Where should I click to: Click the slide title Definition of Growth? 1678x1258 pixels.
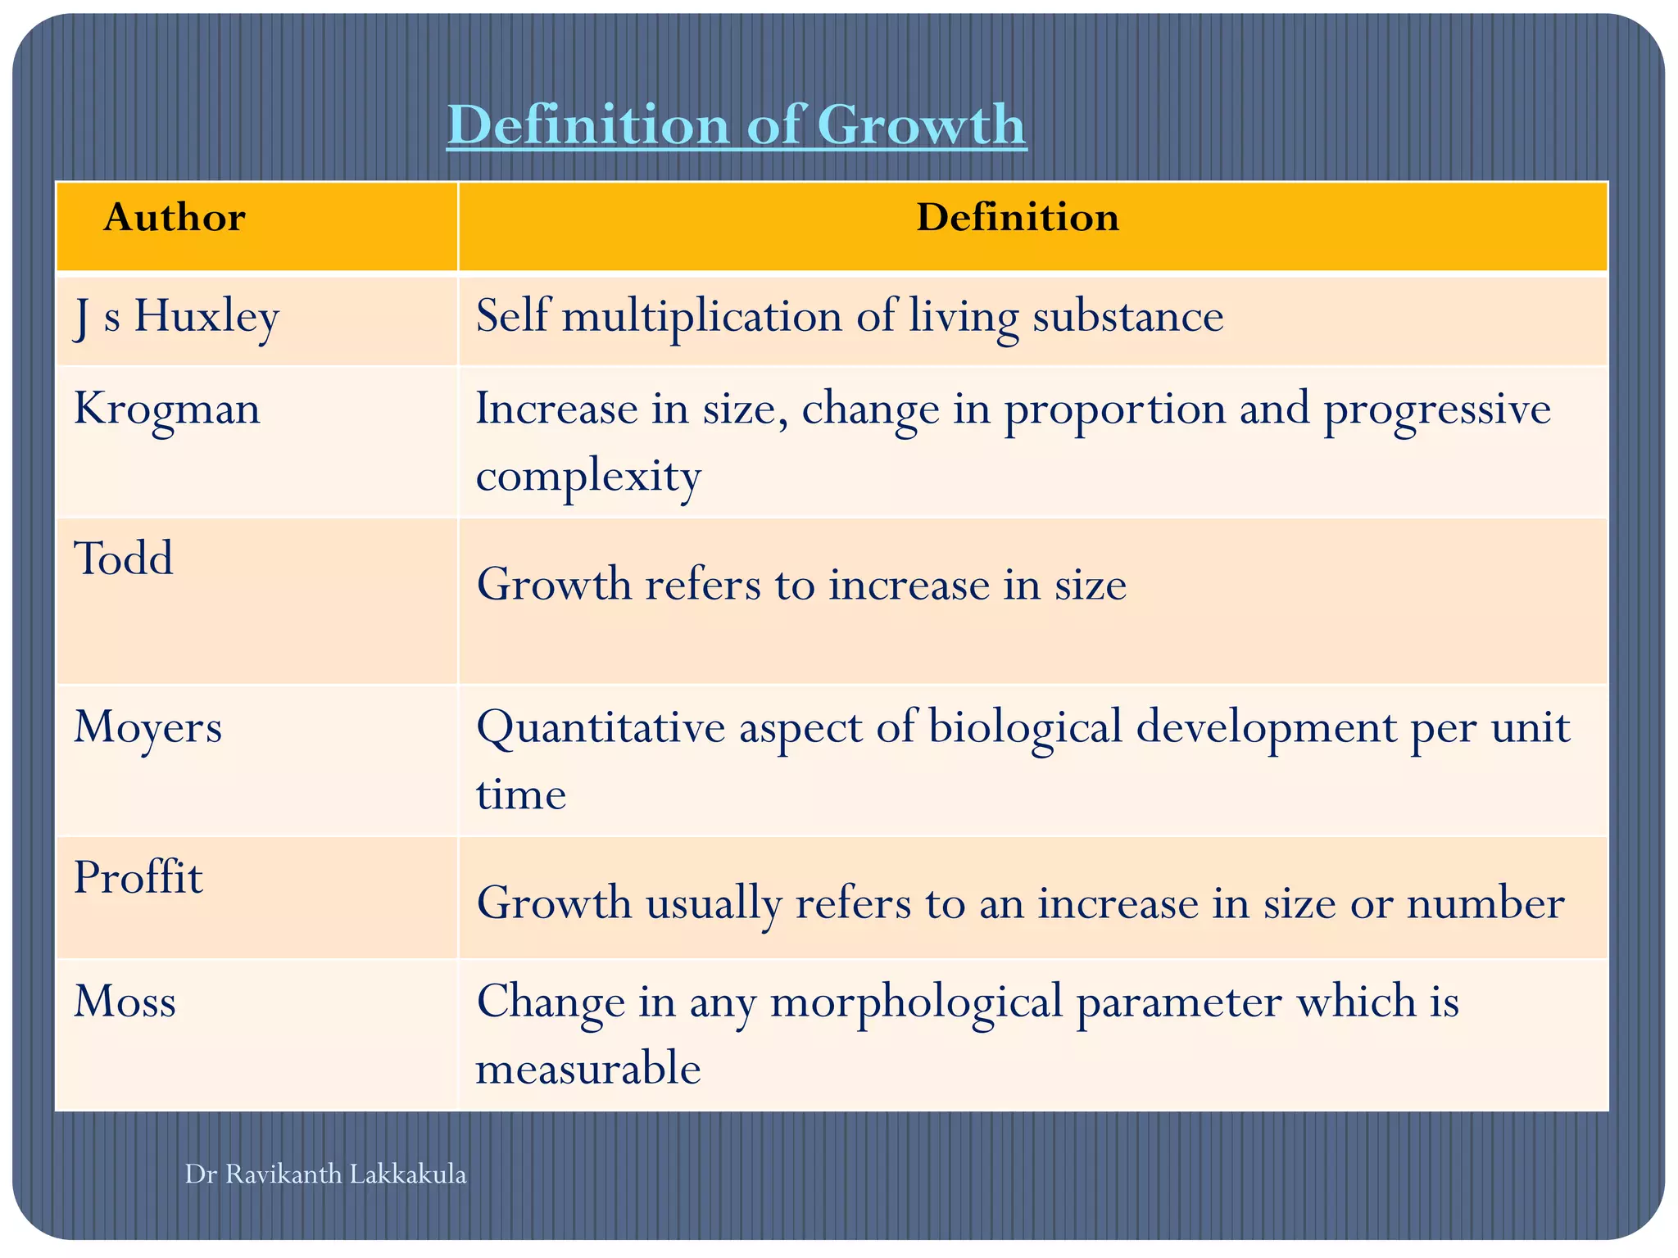click(x=736, y=125)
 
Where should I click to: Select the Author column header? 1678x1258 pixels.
click(x=174, y=218)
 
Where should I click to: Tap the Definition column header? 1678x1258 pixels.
click(x=1017, y=218)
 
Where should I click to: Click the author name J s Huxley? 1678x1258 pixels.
click(x=176, y=317)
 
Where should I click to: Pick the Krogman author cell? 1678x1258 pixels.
click(x=167, y=409)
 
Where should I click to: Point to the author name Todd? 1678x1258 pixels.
click(x=124, y=559)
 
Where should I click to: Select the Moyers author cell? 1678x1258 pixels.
click(x=147, y=726)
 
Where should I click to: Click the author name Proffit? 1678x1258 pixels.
click(x=138, y=878)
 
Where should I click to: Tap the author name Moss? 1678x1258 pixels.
click(x=125, y=1002)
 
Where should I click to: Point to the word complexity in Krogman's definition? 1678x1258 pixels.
click(x=588, y=475)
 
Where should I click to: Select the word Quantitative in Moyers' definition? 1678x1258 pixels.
click(x=601, y=726)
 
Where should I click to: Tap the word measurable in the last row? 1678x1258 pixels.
click(x=588, y=1069)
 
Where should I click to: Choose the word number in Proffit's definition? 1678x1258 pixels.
click(x=1485, y=903)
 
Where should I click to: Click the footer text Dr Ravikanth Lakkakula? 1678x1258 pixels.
click(x=325, y=1174)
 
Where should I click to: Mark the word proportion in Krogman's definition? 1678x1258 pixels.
click(x=1114, y=409)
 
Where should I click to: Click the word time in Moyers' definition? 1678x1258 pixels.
click(x=521, y=794)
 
